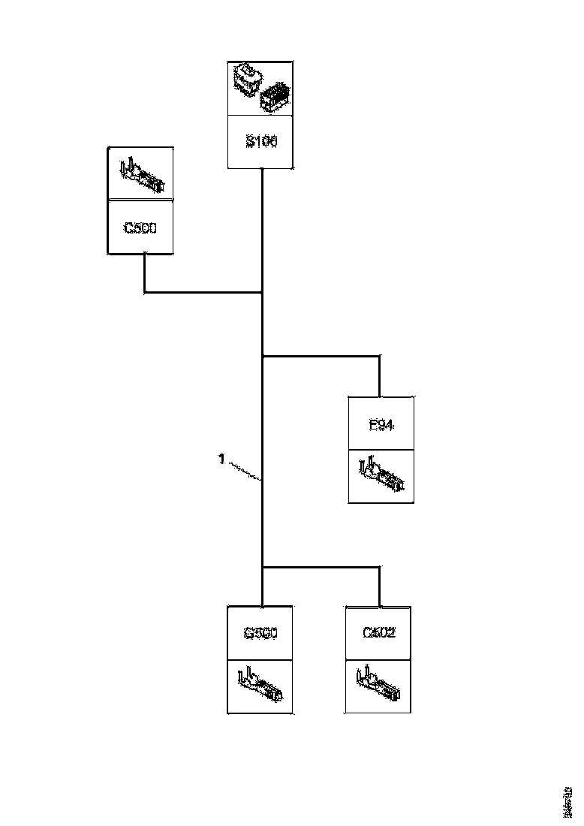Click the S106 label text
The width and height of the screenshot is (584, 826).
tap(260, 141)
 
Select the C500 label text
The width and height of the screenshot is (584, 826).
tap(140, 228)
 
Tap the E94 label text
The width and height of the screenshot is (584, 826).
tap(381, 425)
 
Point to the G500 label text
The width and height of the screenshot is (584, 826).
tap(260, 633)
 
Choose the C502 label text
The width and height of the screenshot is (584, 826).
tap(378, 632)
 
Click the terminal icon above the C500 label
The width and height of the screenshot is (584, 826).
tap(140, 174)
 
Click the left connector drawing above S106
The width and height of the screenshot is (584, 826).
tap(247, 78)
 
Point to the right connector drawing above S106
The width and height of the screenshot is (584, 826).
tap(275, 98)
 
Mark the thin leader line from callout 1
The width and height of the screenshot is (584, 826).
tap(242, 471)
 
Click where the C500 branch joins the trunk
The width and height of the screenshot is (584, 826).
tap(262, 291)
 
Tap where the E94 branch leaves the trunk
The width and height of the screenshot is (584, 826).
tap(262, 356)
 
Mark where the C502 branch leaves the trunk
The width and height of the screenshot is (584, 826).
tap(262, 567)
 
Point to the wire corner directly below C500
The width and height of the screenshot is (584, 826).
tap(144, 291)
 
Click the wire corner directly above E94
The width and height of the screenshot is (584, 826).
tap(380, 356)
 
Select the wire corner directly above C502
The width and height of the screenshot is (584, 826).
tap(380, 567)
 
